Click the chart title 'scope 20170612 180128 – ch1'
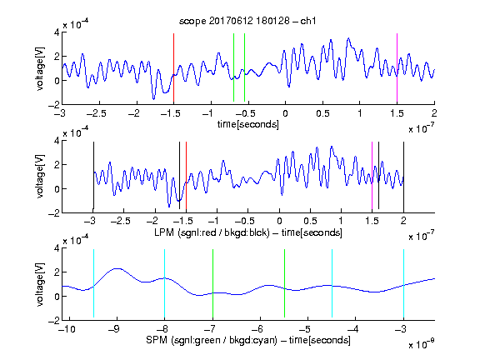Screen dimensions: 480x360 point(247,21)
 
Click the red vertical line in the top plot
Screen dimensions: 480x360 point(173,67)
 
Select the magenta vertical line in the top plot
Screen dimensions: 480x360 point(397,67)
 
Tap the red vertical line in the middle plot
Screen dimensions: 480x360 point(186,175)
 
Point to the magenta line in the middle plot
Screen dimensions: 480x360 point(372,175)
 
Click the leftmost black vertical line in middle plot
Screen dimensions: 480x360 point(93,175)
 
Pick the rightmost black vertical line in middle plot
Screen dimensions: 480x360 point(403,175)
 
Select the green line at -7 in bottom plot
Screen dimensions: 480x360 point(212,283)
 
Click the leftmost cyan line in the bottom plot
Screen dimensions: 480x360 point(93,283)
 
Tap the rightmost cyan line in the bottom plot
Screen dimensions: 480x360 point(403,283)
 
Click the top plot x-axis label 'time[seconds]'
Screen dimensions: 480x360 point(248,124)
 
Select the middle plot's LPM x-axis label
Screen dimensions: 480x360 point(248,232)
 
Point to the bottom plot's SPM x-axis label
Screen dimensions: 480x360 point(248,340)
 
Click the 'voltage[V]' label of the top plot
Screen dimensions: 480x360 point(40,68)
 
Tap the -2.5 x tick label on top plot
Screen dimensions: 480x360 point(96,113)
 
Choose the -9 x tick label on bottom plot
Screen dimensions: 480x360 point(115,329)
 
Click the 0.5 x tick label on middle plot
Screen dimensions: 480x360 point(310,221)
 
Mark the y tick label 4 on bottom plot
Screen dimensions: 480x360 point(57,248)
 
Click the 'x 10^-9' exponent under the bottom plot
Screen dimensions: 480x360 point(421,344)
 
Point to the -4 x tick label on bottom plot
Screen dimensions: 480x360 point(353,329)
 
